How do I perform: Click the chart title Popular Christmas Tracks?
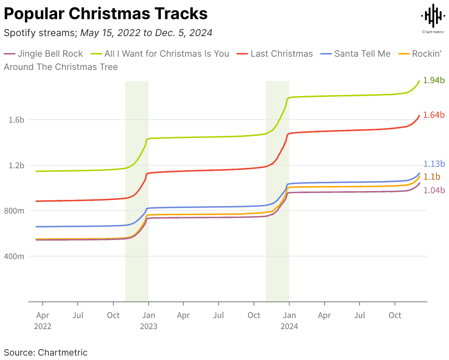coord(106,14)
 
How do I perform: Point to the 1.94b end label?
coord(434,80)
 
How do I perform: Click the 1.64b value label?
coord(434,115)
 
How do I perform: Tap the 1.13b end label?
coord(434,164)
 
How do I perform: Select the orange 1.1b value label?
coord(432,177)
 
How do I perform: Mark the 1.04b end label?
coord(434,190)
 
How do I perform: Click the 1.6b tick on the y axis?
coord(16,120)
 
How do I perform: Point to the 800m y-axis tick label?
coord(14,211)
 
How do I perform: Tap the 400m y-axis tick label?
coord(14,256)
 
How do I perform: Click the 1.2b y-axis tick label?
coord(16,165)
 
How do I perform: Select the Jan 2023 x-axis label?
coord(148,321)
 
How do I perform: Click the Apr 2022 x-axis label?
coord(43,321)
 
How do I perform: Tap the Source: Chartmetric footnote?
coord(46,352)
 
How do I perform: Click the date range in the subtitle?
coord(146,33)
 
